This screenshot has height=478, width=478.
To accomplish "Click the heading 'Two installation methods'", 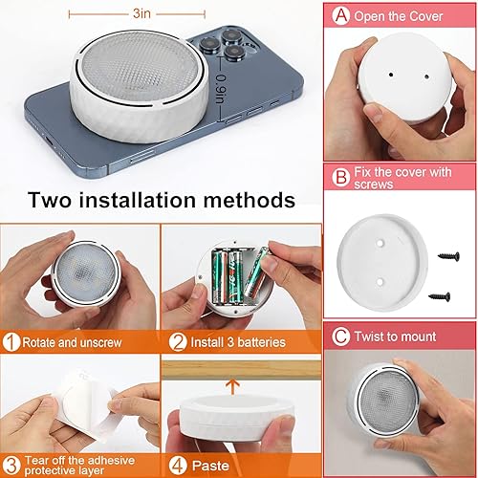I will (161, 201).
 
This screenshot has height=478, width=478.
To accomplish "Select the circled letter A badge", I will (340, 16).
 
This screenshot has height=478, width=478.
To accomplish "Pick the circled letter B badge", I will (340, 177).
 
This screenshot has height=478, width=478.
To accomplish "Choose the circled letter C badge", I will (340, 337).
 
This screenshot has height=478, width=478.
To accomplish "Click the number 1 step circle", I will (11, 341).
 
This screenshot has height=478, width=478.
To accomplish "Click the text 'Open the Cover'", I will (402, 16).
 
